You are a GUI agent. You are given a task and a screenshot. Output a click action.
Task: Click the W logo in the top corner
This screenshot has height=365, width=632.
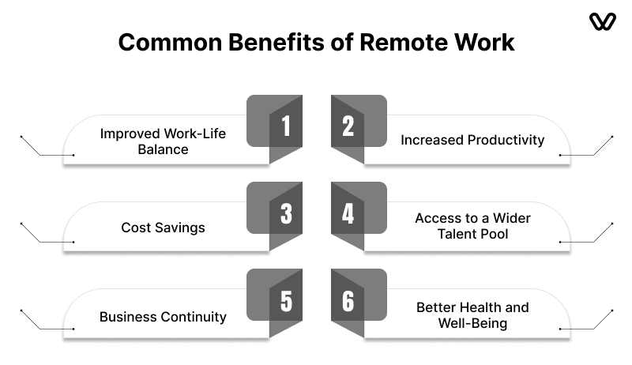(x=603, y=21)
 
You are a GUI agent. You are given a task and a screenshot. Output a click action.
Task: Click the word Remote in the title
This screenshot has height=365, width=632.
(x=404, y=42)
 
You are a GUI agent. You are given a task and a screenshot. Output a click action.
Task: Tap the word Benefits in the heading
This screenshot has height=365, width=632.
(x=276, y=42)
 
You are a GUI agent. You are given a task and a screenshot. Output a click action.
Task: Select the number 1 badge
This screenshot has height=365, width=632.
(x=274, y=130)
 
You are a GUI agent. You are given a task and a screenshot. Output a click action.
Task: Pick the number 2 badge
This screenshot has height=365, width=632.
(x=359, y=130)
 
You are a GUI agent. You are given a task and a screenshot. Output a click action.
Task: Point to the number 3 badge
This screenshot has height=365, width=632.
(x=274, y=216)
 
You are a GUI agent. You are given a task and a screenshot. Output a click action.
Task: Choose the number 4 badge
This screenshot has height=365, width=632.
(x=359, y=216)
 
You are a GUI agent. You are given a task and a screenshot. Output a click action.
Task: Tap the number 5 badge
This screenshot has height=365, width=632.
(x=274, y=303)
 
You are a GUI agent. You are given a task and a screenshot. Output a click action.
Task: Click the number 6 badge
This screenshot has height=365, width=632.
(x=359, y=303)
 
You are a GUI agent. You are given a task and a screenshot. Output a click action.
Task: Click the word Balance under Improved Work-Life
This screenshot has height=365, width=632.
(x=163, y=149)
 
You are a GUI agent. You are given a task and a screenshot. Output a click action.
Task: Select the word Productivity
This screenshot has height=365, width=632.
(x=506, y=140)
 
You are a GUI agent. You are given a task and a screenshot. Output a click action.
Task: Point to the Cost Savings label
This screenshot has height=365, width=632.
(x=163, y=228)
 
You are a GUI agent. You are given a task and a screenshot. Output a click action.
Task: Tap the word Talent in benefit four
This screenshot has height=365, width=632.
(x=453, y=234)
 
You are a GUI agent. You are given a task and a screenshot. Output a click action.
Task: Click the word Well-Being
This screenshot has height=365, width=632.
(x=472, y=323)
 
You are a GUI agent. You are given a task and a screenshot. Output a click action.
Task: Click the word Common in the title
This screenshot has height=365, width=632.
(x=170, y=42)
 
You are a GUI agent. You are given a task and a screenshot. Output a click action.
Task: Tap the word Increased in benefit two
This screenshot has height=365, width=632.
(x=431, y=140)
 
